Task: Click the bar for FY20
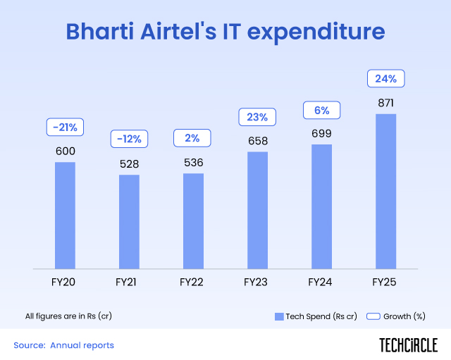(x=65, y=216)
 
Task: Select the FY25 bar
(x=385, y=192)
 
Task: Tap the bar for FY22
(x=193, y=221)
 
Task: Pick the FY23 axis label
(x=255, y=282)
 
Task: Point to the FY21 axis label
(x=125, y=282)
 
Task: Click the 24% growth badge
(x=385, y=78)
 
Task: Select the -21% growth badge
(x=65, y=127)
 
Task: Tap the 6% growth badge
(x=321, y=110)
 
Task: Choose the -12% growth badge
(x=129, y=139)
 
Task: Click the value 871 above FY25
(x=385, y=103)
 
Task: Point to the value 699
(x=321, y=133)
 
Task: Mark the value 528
(x=129, y=164)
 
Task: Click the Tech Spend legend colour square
(x=279, y=316)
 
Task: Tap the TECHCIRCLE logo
(x=409, y=345)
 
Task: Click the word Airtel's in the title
(x=178, y=31)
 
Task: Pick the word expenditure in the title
(x=316, y=32)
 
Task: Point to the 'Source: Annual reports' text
(x=64, y=345)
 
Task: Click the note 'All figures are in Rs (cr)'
(x=68, y=316)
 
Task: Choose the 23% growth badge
(x=257, y=117)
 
